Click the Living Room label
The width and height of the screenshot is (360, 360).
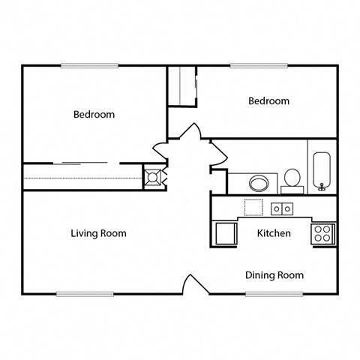pyautogui.click(x=98, y=233)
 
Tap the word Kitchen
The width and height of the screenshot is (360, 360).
pyautogui.click(x=274, y=233)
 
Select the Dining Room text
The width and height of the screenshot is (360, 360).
pyautogui.click(x=274, y=275)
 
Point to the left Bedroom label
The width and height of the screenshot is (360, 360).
pyautogui.click(x=94, y=115)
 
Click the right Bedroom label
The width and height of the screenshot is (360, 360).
pyautogui.click(x=268, y=101)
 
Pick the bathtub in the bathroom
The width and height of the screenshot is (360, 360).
pyautogui.click(x=322, y=172)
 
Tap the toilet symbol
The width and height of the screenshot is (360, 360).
pyautogui.click(x=292, y=178)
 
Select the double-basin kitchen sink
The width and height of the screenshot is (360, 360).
pyautogui.click(x=282, y=208)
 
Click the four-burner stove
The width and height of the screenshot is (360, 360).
pyautogui.click(x=323, y=233)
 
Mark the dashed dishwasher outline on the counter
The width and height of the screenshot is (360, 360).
pyautogui.click(x=253, y=208)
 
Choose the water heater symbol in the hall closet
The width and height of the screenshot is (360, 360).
pyautogui.click(x=153, y=178)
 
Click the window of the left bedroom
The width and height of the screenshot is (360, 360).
pyautogui.click(x=90, y=66)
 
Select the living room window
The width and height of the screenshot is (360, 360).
pyautogui.click(x=85, y=293)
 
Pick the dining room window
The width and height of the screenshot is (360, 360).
pyautogui.click(x=274, y=293)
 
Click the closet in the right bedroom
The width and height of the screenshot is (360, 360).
pyautogui.click(x=181, y=87)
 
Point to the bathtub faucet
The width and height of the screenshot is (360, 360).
pyautogui.click(x=322, y=186)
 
